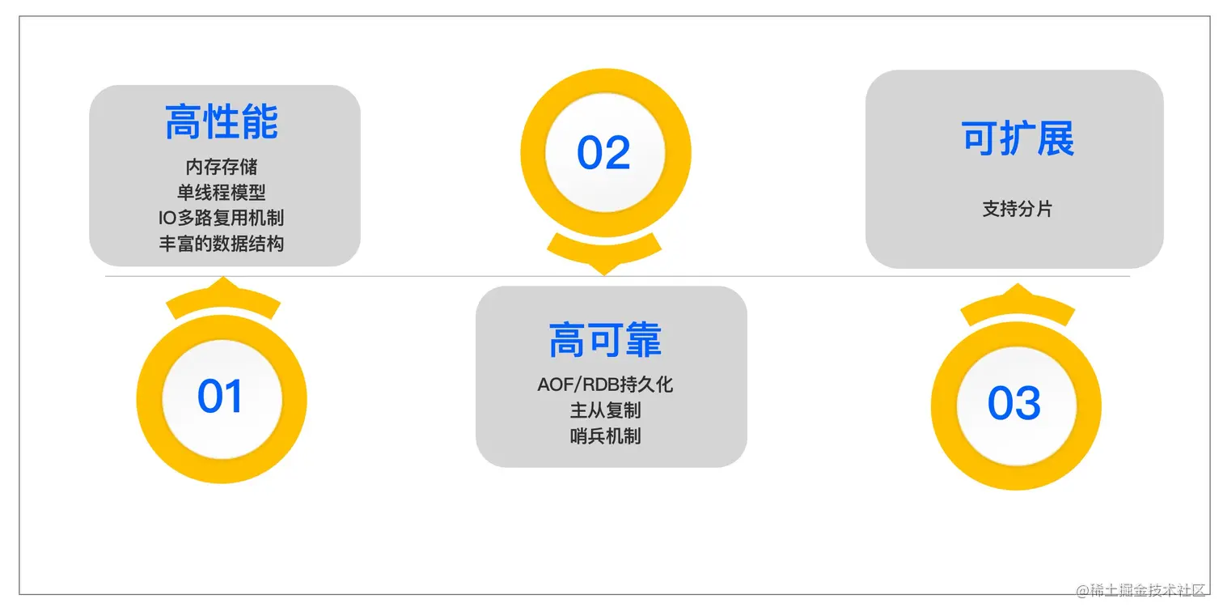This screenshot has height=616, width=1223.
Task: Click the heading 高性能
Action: (x=222, y=122)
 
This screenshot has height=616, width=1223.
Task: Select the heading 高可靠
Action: (x=605, y=340)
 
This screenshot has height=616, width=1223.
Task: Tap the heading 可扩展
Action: (x=1018, y=138)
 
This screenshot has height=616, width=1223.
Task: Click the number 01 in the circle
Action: (x=221, y=397)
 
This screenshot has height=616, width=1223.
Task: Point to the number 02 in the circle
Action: (x=603, y=153)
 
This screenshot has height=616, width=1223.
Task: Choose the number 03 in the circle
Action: (x=1014, y=403)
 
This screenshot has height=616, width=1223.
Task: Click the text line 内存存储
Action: (x=222, y=167)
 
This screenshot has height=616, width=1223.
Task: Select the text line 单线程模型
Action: (x=222, y=193)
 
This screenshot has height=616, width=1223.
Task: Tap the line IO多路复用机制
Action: (x=222, y=218)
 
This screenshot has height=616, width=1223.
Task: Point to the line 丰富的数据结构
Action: (x=222, y=244)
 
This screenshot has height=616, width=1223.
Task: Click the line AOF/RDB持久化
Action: (x=605, y=384)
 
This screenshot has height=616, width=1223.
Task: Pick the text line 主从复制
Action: (x=605, y=410)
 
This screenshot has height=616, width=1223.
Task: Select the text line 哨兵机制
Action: (x=605, y=436)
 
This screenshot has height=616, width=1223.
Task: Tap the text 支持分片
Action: (x=1018, y=209)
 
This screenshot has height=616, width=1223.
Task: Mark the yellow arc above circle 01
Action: (x=223, y=300)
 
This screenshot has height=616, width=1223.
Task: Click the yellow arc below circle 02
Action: (x=604, y=251)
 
